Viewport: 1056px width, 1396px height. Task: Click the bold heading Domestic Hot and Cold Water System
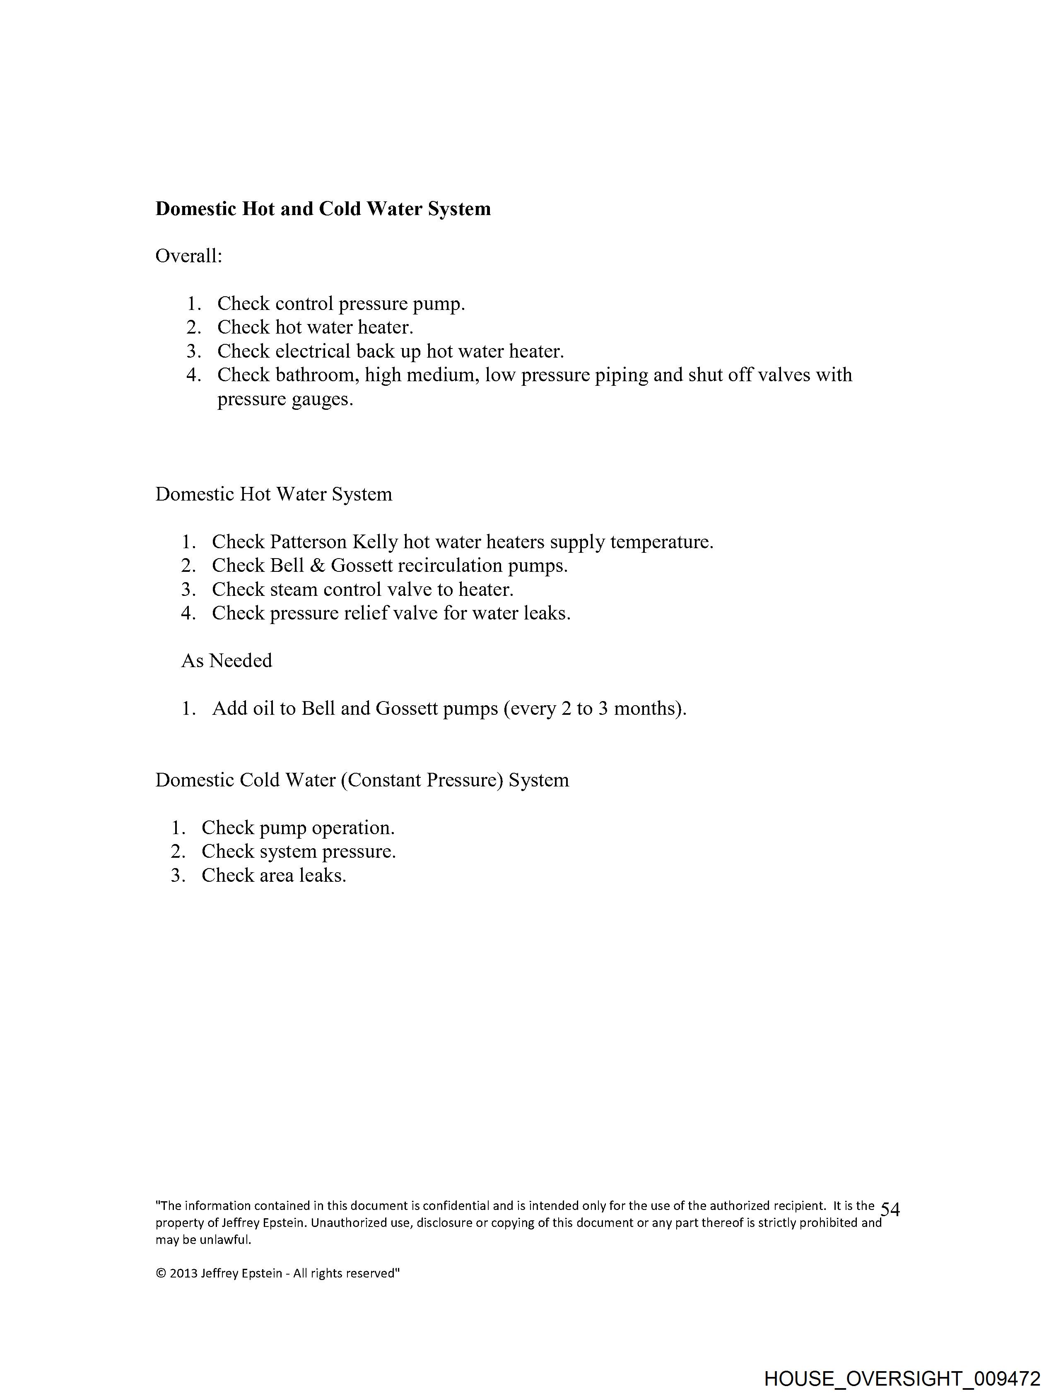coord(323,209)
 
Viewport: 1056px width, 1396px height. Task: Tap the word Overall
coord(188,256)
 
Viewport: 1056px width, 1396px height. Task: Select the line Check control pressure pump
coord(341,304)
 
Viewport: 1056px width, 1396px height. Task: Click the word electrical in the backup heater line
coord(312,351)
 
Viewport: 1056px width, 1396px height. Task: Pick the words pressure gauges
coord(285,399)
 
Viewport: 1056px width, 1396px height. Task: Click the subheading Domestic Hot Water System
coord(274,494)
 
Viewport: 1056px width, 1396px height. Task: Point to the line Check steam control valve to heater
coord(363,590)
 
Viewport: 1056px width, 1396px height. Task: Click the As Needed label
coord(227,661)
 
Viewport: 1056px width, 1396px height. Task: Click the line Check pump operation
coord(298,828)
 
